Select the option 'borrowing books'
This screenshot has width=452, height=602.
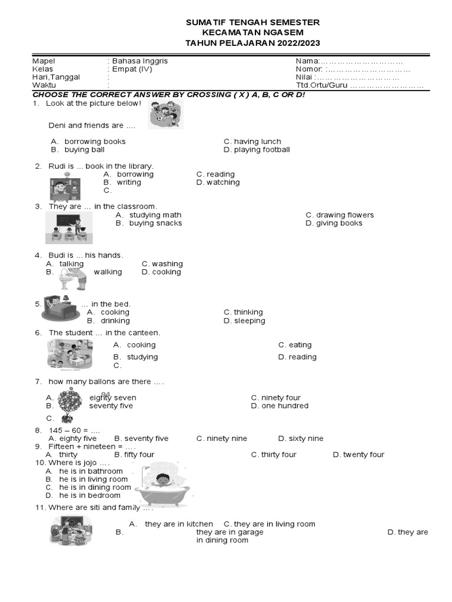(95, 142)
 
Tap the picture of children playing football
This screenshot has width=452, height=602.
(165, 114)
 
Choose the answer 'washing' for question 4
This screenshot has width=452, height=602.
(167, 264)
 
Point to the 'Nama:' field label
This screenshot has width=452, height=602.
(307, 61)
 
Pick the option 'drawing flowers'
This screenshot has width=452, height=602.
(344, 215)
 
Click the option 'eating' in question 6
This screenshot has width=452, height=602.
(300, 345)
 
